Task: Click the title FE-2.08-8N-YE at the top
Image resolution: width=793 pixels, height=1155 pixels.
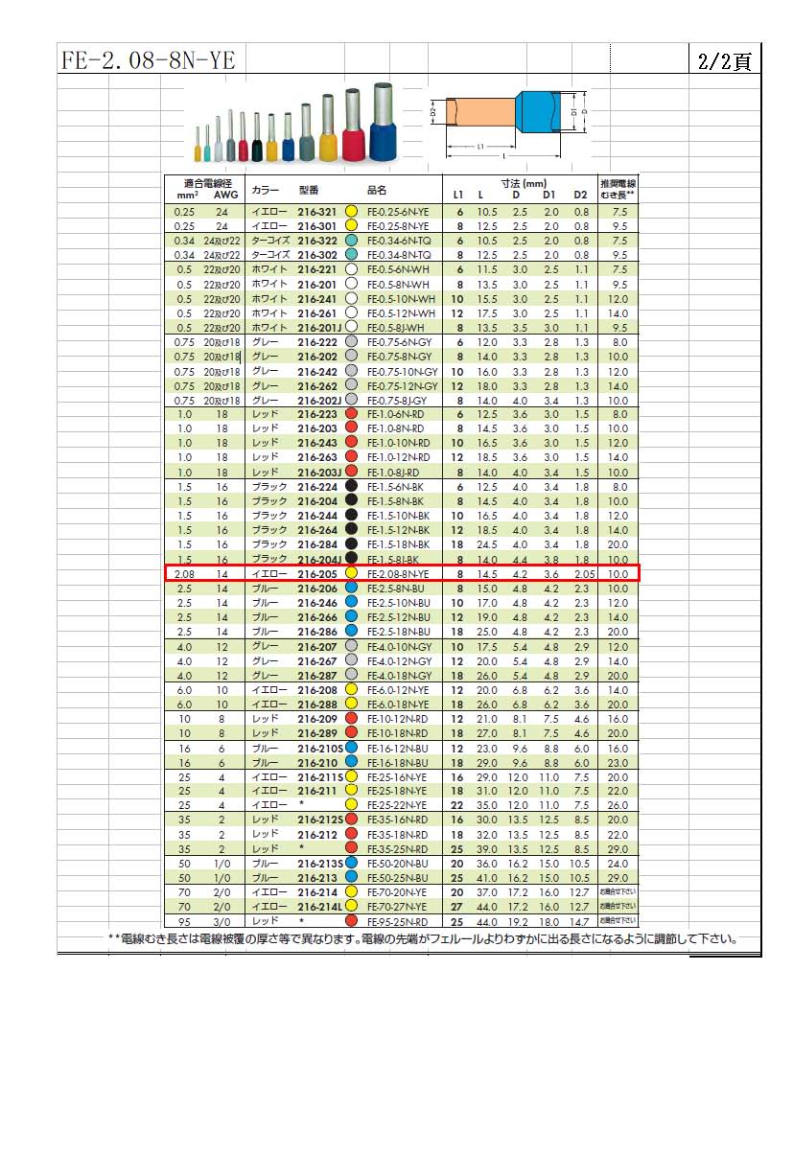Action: tap(148, 60)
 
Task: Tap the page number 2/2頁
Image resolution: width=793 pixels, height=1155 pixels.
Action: tap(724, 60)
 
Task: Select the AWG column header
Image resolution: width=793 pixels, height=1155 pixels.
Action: tap(225, 195)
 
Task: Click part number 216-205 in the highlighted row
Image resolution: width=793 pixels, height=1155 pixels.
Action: tap(317, 573)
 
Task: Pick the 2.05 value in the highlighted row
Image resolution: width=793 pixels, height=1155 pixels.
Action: tap(584, 573)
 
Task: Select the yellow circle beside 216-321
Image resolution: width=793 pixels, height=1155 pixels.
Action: tap(351, 212)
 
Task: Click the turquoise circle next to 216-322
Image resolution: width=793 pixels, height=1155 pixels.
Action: tap(351, 241)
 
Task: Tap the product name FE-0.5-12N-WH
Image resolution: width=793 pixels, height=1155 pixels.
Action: tap(402, 313)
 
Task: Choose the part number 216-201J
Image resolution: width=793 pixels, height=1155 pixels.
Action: tap(319, 328)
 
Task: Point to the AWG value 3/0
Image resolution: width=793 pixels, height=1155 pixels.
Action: tap(222, 922)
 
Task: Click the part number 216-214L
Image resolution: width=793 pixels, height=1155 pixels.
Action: tap(319, 908)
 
